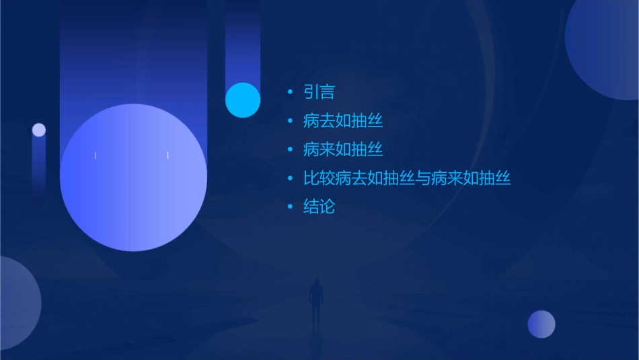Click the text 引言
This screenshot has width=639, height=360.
(x=319, y=92)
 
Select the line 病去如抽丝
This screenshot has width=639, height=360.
(x=343, y=121)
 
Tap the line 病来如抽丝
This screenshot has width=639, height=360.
(x=343, y=149)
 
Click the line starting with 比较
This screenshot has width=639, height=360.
(x=407, y=178)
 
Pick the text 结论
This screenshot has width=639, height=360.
(x=319, y=207)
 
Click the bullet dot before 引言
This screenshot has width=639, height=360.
(x=290, y=92)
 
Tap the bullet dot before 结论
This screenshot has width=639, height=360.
(x=290, y=207)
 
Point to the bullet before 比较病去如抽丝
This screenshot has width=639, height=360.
(x=290, y=178)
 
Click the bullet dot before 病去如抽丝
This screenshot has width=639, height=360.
(x=290, y=121)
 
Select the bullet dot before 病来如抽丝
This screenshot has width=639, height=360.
(x=290, y=149)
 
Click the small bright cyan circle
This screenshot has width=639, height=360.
(x=243, y=100)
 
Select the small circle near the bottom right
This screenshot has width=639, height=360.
(x=541, y=324)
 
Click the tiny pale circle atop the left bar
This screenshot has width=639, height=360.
(x=39, y=130)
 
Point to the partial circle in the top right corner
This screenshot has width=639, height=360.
(x=605, y=44)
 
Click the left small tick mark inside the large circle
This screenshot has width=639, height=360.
(x=96, y=155)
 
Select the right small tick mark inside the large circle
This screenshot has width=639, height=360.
(x=167, y=155)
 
